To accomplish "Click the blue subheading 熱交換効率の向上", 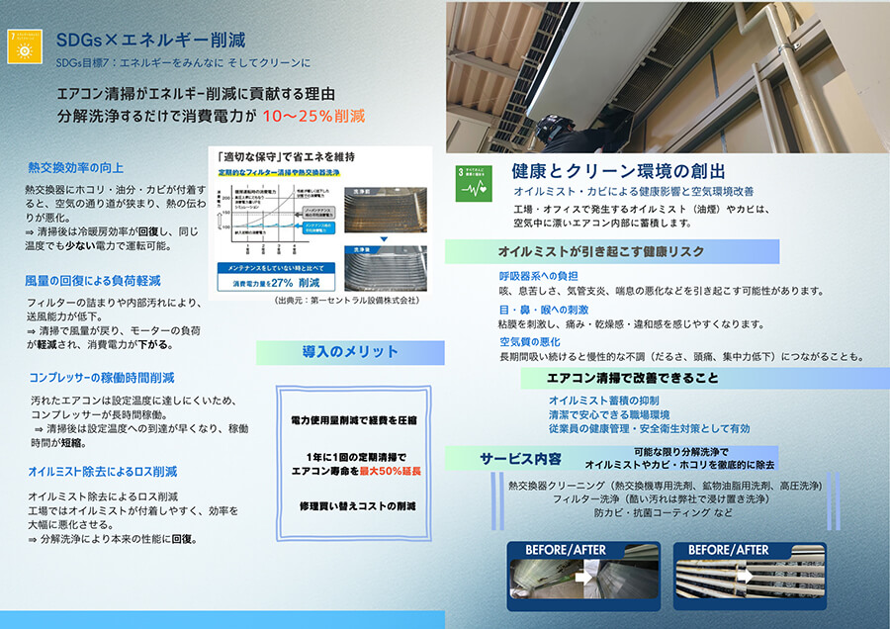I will (x=76, y=168).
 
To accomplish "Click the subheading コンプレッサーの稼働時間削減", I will (x=102, y=378).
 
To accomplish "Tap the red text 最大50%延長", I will (x=390, y=472).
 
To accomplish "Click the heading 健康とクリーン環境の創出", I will (x=619, y=171).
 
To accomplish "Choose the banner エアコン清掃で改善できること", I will (x=633, y=378).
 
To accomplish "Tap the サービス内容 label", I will (x=520, y=459).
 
